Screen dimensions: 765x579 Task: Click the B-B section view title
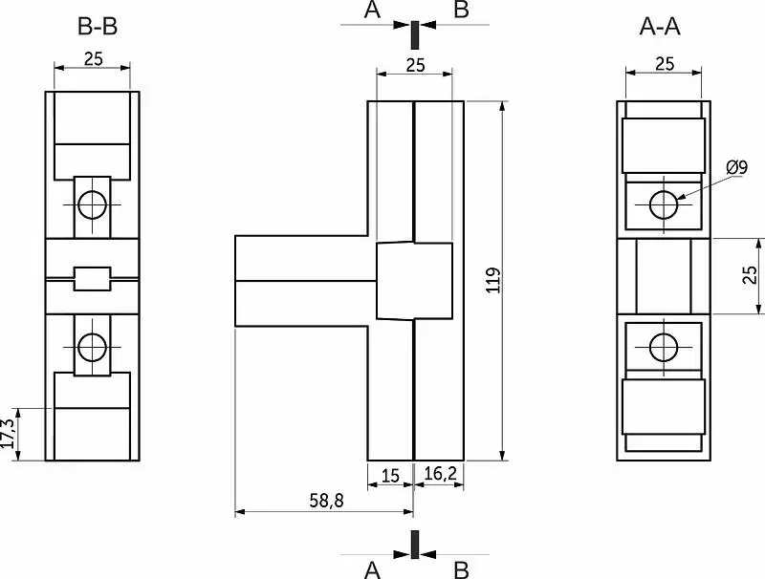98,27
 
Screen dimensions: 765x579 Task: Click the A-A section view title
660,27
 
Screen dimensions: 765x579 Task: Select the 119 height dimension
494,280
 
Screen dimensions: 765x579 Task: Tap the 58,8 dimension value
326,500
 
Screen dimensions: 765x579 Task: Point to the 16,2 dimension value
440,473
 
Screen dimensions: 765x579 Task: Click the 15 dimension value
390,476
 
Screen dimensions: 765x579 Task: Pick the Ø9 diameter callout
736,167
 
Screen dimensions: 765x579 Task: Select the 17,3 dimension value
9,433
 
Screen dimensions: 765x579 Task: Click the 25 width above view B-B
94,59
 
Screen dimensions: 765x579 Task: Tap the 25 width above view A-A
665,64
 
